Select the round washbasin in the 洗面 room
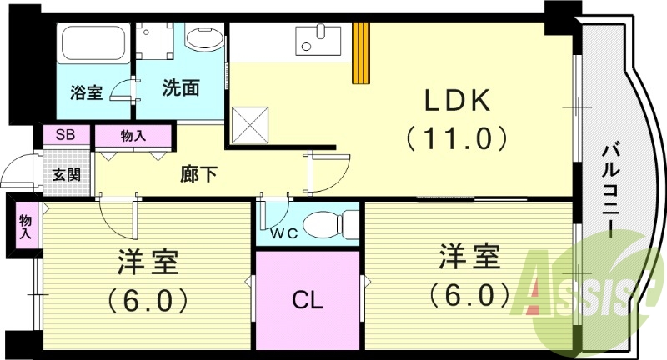[x=202, y=38]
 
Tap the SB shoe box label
[x=63, y=135]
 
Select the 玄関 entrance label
[x=67, y=175]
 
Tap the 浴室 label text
[x=87, y=92]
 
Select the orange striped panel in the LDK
[x=361, y=52]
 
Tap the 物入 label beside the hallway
[x=133, y=135]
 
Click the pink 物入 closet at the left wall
[x=25, y=225]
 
